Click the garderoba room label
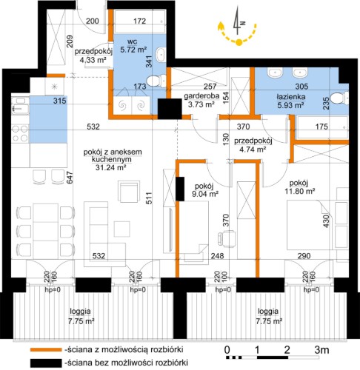click(201, 96)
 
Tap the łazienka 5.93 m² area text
click(291, 105)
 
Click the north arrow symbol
click(238, 21)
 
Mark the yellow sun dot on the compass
click(239, 42)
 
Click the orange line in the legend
click(46, 349)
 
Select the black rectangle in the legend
click(46, 363)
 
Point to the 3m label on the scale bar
click(321, 350)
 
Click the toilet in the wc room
click(156, 81)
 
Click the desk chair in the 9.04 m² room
click(227, 239)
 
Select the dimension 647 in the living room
click(70, 178)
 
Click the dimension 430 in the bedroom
click(326, 221)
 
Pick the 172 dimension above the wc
click(140, 21)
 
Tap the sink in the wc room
click(161, 54)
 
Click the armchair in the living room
click(128, 192)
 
